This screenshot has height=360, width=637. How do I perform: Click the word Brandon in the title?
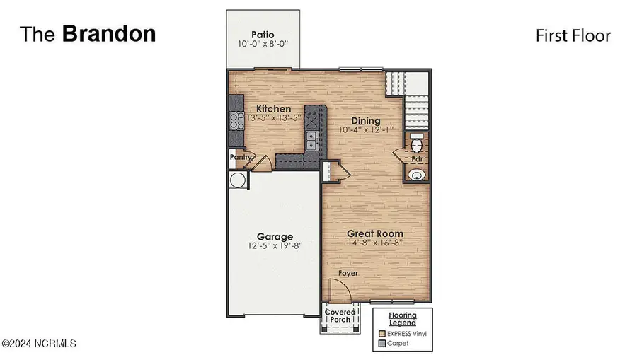pos(109,34)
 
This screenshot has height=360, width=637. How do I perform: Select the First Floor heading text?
pos(573,35)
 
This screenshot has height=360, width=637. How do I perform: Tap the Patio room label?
pos(263,35)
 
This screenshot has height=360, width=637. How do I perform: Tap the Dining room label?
pos(365,121)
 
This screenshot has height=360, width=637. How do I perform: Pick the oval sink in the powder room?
pos(418,174)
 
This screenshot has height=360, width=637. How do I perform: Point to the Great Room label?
pos(374,233)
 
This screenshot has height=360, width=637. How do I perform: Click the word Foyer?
pos(347,273)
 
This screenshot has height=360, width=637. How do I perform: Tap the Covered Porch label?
pos(340,316)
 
